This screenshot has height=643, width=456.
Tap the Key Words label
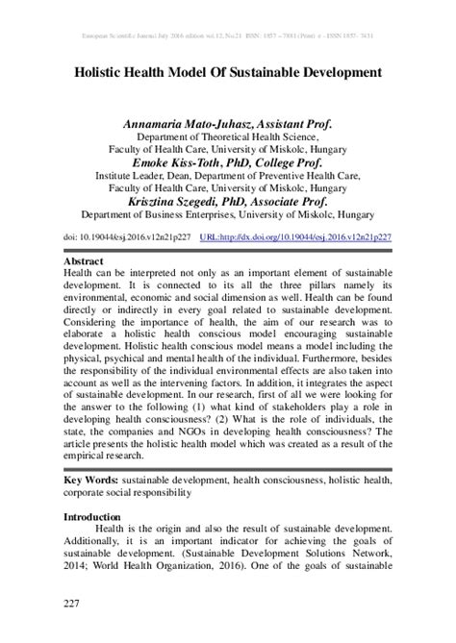tap(90, 478)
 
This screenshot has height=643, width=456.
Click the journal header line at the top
tap(227, 34)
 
